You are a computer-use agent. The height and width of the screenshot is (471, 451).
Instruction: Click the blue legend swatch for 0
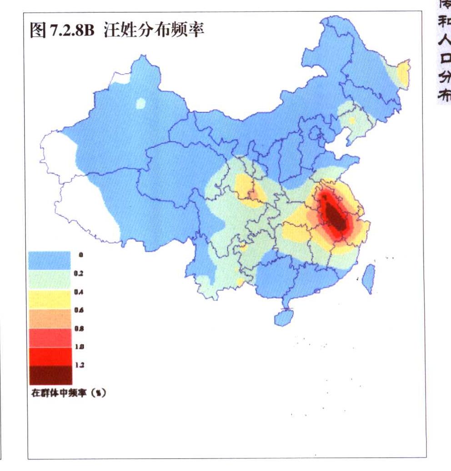[50, 261]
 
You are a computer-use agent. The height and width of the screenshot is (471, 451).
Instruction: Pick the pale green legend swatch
[50, 280]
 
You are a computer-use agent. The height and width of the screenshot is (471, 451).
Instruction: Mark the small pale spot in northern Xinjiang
[141, 104]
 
